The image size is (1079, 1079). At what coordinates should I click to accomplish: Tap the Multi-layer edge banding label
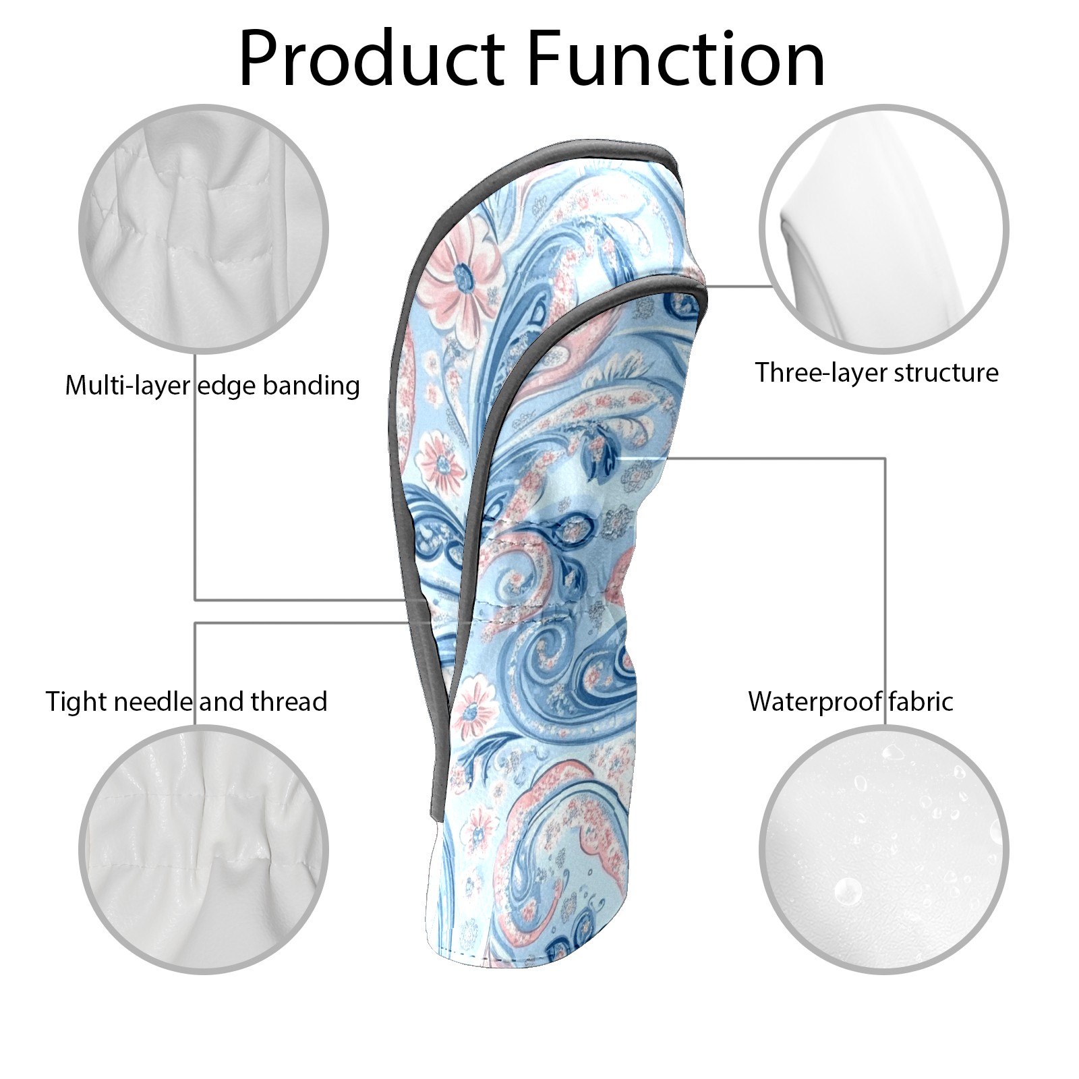[212, 386]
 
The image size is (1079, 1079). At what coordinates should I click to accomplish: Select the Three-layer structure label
[876, 372]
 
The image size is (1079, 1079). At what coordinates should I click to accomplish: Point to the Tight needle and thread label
[186, 701]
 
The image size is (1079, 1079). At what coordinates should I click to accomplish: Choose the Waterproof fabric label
[850, 701]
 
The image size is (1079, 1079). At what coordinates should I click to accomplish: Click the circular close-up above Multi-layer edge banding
[204, 229]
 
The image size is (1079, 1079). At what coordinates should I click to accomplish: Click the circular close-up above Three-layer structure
[883, 229]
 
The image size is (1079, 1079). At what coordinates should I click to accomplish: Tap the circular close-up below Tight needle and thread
[204, 850]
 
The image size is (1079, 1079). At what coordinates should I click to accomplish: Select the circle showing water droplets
[883, 850]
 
